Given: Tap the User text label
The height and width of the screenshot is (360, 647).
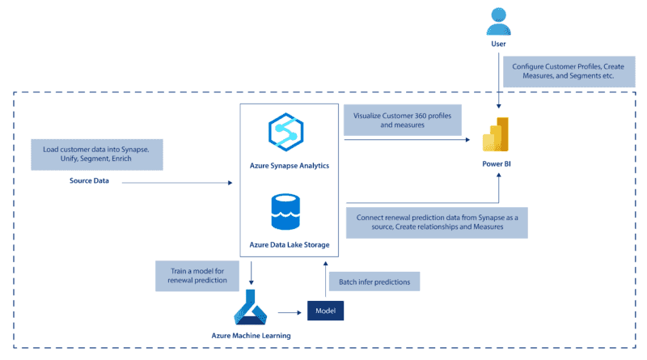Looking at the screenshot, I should pos(498,45).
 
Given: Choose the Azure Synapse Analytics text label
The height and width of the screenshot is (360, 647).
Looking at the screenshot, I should pos(288,163).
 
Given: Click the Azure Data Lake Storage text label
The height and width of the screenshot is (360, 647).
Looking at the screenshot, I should pos(288,243).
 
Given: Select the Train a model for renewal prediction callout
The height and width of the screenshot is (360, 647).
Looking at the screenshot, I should pos(196,275).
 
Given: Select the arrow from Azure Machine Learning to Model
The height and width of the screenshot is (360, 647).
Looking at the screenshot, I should pos(290,310).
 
